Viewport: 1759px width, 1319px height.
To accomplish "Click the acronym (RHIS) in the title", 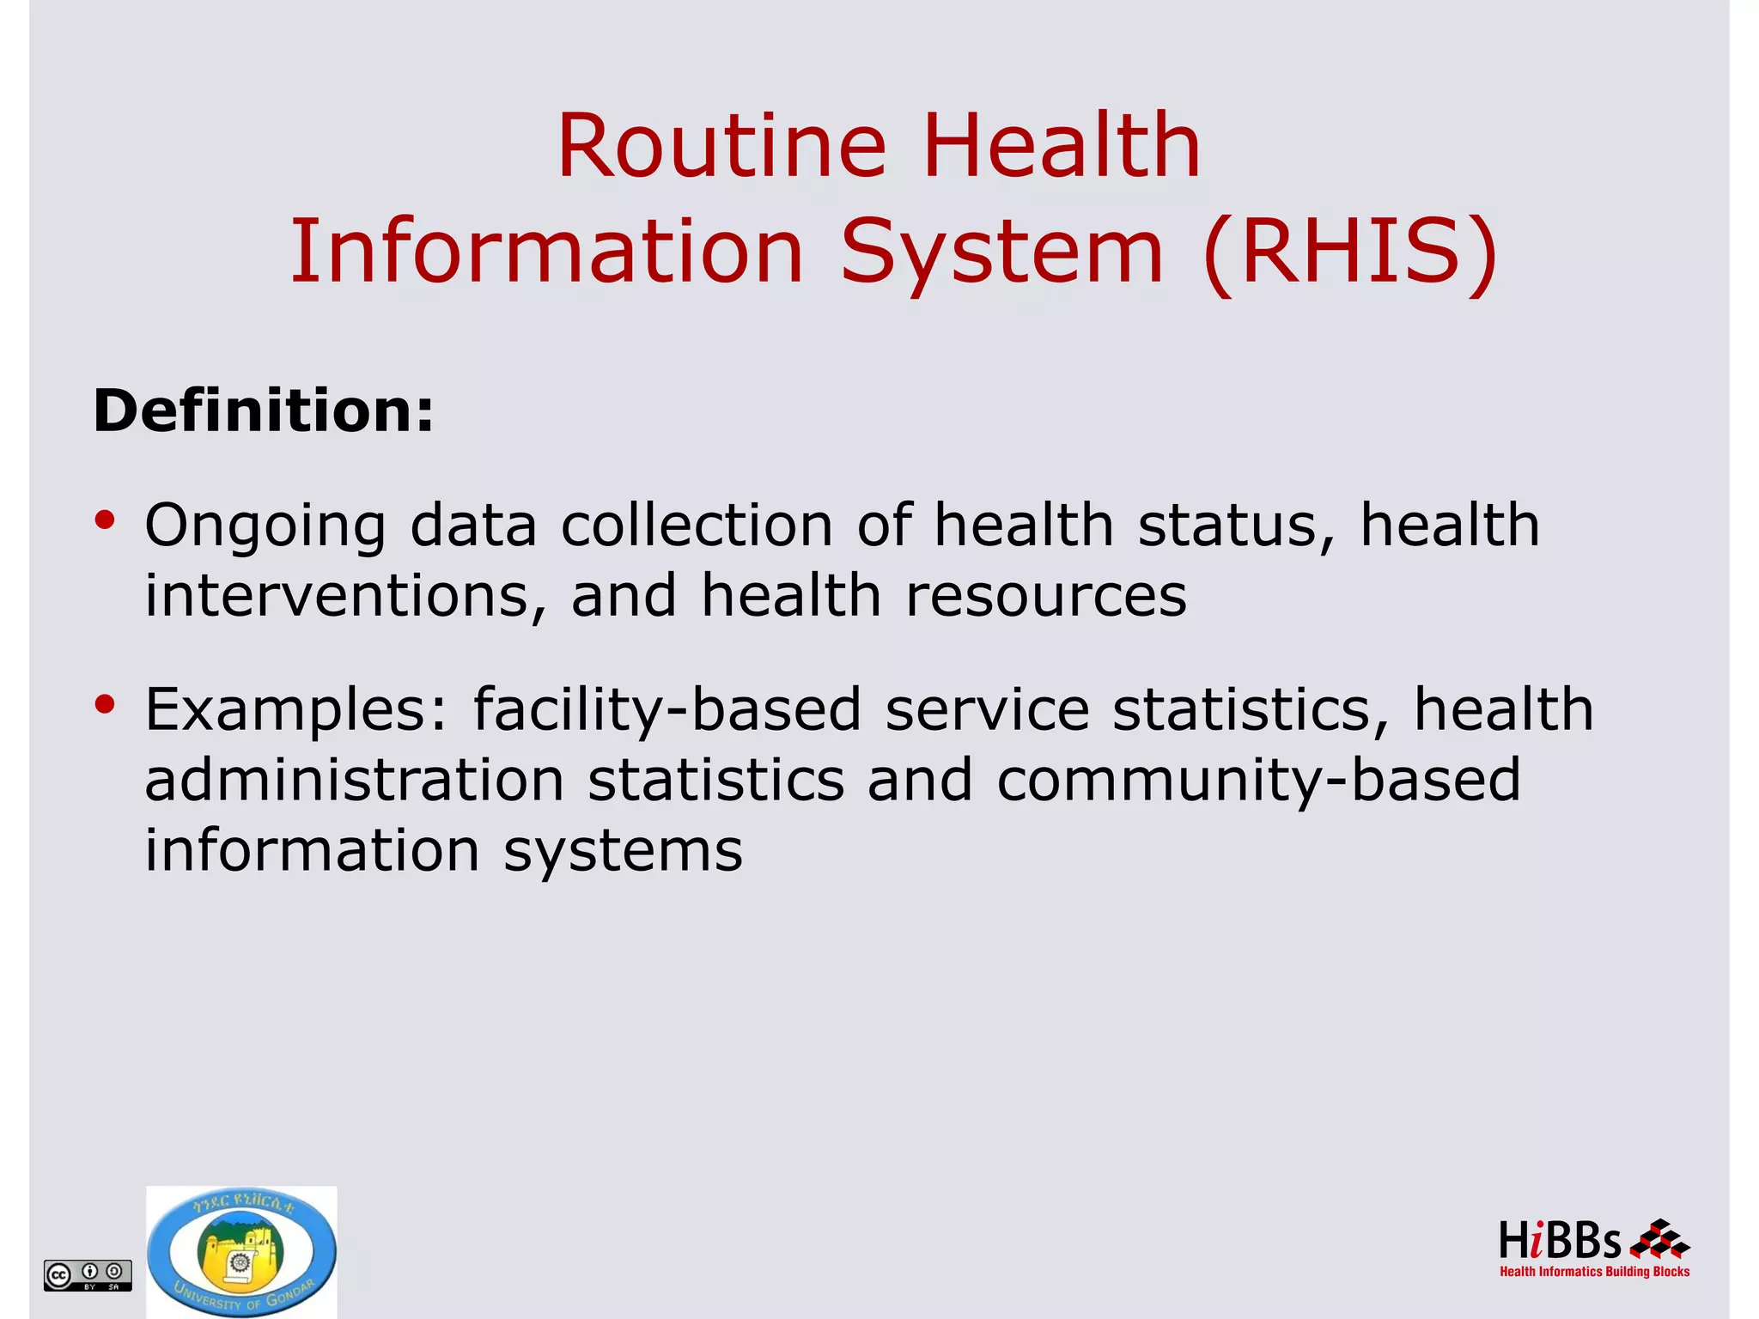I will click(x=1350, y=252).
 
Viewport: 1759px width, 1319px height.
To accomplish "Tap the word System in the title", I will click(x=1001, y=252).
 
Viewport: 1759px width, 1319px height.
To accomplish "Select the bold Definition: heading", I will click(x=264, y=410).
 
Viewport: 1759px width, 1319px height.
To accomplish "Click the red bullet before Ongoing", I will click(x=105, y=520).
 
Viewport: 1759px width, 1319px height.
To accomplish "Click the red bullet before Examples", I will click(x=105, y=705).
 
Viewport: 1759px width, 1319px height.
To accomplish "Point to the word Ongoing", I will click(x=265, y=526).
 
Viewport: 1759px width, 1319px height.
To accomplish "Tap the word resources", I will click(x=1046, y=595).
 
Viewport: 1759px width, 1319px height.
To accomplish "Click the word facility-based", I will click(x=666, y=710).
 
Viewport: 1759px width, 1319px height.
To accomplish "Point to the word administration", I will click(x=354, y=780).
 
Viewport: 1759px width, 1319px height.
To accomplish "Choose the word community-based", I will click(x=1258, y=781).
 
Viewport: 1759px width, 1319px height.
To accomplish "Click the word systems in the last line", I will click(x=623, y=851).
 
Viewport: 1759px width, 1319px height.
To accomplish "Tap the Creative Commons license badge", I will click(x=88, y=1275).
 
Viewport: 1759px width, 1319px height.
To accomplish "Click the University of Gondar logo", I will click(x=241, y=1253).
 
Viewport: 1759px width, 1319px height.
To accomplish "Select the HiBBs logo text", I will click(x=1560, y=1242).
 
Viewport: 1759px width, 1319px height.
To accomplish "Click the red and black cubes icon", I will click(x=1659, y=1240).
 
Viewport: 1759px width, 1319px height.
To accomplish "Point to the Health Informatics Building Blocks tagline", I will click(x=1594, y=1272).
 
